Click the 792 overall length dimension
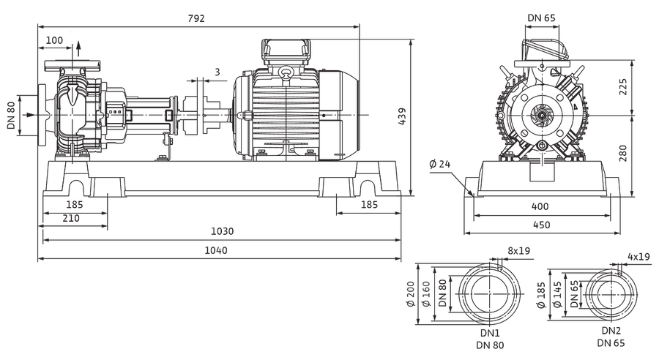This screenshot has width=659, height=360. click(x=196, y=18)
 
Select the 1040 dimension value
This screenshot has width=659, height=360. click(x=216, y=251)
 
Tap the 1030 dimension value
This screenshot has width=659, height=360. click(x=223, y=231)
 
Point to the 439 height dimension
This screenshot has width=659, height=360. click(x=402, y=117)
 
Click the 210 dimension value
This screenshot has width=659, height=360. click(x=71, y=219)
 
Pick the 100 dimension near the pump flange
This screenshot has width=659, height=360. click(x=54, y=40)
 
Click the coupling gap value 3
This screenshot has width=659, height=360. click(x=217, y=72)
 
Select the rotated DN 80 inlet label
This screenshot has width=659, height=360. click(x=11, y=116)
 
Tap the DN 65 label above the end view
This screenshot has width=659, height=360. click(x=542, y=18)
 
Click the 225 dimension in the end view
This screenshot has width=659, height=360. click(x=623, y=86)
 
